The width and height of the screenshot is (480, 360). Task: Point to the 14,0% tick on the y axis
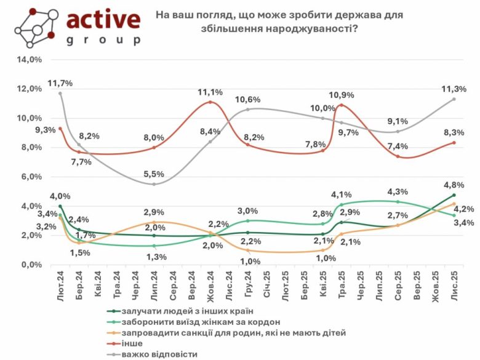[30, 60]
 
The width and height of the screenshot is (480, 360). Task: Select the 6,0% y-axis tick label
[30, 177]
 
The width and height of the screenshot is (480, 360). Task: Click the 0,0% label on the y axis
[30, 265]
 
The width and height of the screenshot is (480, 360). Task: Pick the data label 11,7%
[60, 83]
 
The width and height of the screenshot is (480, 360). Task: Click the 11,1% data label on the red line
[210, 92]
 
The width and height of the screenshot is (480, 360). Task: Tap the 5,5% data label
[154, 174]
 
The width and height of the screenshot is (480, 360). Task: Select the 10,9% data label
[342, 95]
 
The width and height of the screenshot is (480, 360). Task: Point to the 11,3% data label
[454, 89]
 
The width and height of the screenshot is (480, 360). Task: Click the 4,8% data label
[454, 185]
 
